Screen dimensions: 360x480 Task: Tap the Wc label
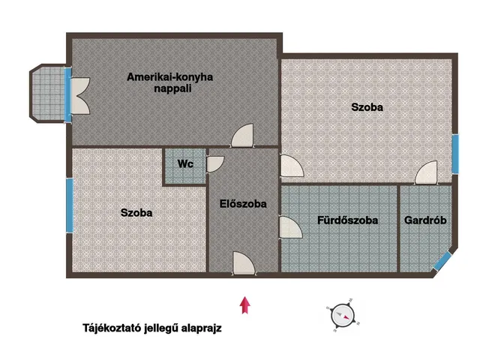[183, 163]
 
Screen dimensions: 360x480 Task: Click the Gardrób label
[425, 220]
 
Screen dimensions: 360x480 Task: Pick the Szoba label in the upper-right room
[367, 107]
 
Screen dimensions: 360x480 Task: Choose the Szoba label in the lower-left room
[136, 212]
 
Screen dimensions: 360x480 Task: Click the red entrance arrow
[244, 304]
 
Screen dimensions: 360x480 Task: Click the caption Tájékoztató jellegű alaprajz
[152, 328]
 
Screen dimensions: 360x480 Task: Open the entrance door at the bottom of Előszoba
[243, 263]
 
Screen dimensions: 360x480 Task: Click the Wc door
[214, 165]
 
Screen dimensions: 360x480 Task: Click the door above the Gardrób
[426, 172]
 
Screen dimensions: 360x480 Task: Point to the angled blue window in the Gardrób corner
[442, 261]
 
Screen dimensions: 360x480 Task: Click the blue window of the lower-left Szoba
[70, 205]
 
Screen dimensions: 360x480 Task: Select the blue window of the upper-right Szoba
[454, 153]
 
